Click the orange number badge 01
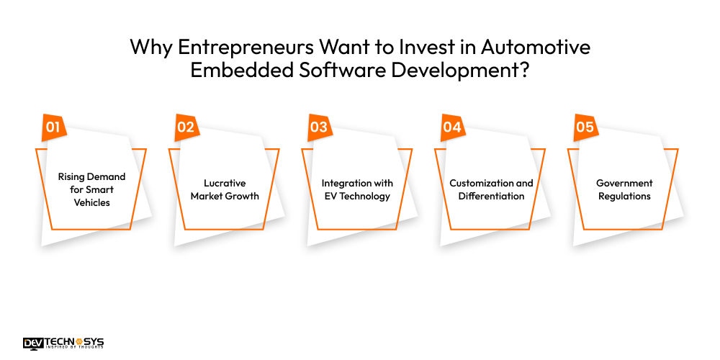pos(53,128)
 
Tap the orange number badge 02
pos(186,128)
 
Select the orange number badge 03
pos(318,128)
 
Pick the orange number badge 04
pos(451,128)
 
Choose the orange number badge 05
pos(585,128)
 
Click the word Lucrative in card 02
pos(225,183)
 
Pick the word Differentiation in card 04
pos(491,196)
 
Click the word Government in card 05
pos(624,183)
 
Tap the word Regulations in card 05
pos(624,196)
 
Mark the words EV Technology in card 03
pos(358,196)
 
